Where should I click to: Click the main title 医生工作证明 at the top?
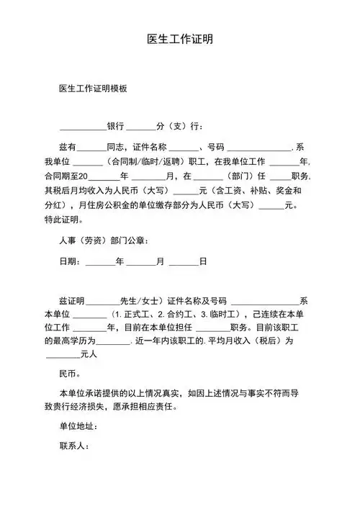tap(179, 38)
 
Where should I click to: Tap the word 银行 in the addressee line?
tap(115, 125)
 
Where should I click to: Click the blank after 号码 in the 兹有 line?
tap(258, 146)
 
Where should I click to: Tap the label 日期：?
tap(71, 261)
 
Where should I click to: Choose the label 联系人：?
tap(74, 446)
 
